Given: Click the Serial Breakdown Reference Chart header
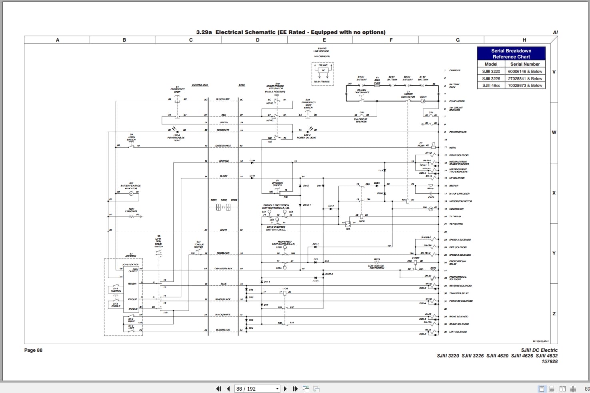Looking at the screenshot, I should (511, 54).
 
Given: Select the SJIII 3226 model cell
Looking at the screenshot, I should (491, 78).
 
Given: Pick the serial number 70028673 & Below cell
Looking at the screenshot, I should (525, 85).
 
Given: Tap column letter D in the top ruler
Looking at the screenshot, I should (258, 40).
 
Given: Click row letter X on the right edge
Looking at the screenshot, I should (554, 193).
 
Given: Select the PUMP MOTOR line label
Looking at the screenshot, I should (457, 101).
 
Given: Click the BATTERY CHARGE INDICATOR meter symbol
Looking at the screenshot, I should (131, 193).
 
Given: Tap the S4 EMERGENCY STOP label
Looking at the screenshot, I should (177, 89).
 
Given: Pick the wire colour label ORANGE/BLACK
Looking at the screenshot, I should (223, 269).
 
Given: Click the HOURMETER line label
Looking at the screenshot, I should (456, 209).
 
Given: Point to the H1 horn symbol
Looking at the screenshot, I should (433, 147).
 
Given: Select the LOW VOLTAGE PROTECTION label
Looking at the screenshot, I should (376, 267).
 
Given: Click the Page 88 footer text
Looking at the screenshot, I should (33, 350).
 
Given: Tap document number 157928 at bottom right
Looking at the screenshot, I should (549, 361).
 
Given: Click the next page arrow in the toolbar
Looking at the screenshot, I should (285, 389).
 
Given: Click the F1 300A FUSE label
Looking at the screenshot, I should (377, 80).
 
